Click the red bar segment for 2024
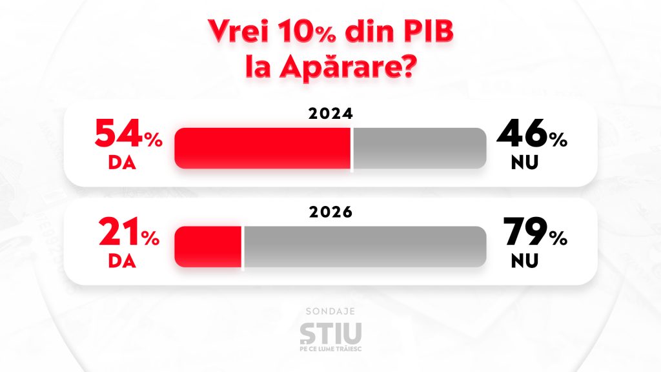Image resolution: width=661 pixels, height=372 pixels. [263, 148]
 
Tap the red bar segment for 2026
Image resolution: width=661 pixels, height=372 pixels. [208, 246]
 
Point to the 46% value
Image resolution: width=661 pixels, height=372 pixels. [531, 138]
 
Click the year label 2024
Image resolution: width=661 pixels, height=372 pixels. [330, 115]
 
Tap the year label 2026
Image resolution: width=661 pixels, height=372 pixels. [330, 213]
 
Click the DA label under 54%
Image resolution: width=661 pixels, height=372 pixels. [122, 162]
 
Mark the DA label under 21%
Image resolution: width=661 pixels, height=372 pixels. [122, 260]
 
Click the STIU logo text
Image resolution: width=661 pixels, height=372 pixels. [330, 333]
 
